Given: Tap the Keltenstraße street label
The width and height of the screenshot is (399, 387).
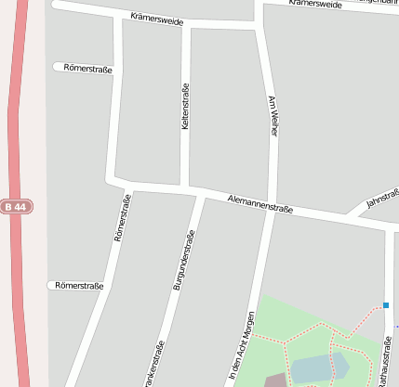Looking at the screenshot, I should [186, 107].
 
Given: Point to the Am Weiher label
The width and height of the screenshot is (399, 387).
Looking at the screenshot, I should [273, 116].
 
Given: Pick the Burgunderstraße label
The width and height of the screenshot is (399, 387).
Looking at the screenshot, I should [183, 266].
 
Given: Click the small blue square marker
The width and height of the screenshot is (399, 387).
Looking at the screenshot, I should [385, 305].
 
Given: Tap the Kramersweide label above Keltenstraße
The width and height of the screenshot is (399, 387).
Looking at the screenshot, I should [157, 19].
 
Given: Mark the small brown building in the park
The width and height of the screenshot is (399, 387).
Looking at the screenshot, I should [275, 380].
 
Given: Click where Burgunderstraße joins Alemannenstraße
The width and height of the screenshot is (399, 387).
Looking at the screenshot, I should [199, 196].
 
